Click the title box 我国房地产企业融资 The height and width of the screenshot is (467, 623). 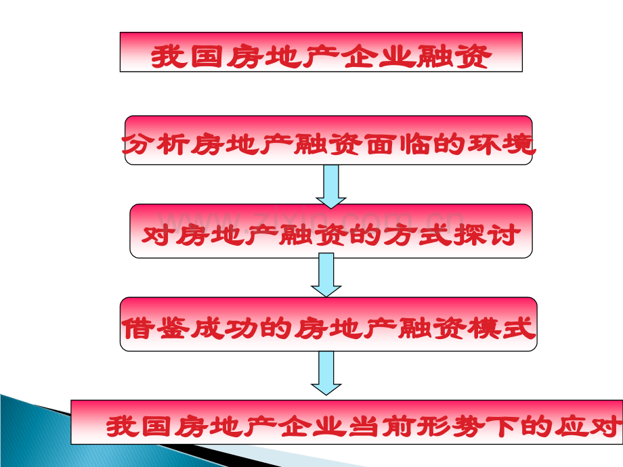coord(321,52)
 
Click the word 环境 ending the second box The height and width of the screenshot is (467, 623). coord(501,144)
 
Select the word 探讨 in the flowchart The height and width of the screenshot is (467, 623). coord(487,235)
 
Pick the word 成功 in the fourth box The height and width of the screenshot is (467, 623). coord(225,328)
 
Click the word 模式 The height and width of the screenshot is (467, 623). coord(502,328)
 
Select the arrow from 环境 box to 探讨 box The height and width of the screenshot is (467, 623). coord(331,187)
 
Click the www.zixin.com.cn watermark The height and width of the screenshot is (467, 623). coord(310,221)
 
